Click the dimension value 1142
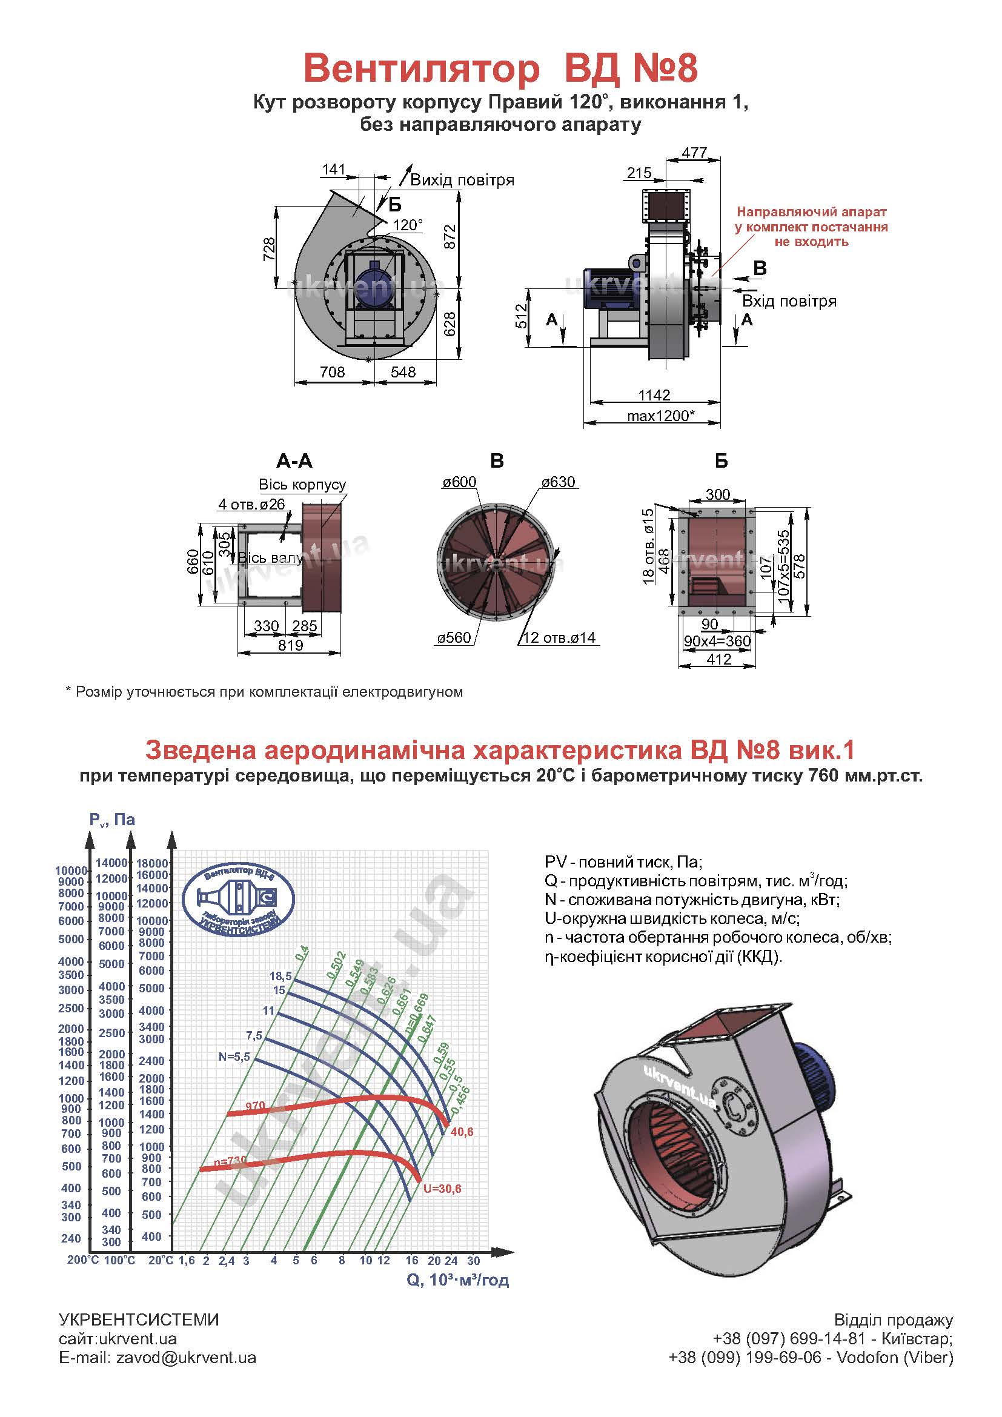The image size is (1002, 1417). [654, 395]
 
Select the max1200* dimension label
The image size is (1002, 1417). [661, 416]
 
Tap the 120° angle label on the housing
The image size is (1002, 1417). [408, 225]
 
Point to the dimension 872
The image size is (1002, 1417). [450, 237]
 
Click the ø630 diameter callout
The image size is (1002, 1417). [559, 482]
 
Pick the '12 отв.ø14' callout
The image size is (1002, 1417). [559, 637]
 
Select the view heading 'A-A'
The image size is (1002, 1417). [294, 460]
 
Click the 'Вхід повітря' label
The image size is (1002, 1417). [789, 301]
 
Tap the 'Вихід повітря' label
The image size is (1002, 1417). [462, 180]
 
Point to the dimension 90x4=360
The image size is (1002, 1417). [717, 641]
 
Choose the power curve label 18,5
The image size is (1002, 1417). [280, 977]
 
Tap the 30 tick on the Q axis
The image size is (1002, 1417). [473, 1260]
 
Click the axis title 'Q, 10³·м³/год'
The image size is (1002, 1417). [458, 1280]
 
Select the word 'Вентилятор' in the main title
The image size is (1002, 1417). [422, 69]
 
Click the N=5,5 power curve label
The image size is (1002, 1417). [234, 1057]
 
